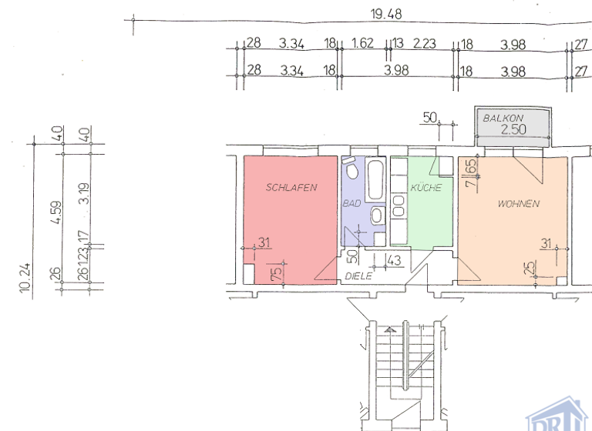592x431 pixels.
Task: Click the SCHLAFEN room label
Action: pyautogui.click(x=291, y=187)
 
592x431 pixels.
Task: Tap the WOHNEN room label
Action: pyautogui.click(x=518, y=204)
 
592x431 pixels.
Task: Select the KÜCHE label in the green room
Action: pyautogui.click(x=425, y=187)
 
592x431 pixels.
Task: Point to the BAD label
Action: pyautogui.click(x=351, y=204)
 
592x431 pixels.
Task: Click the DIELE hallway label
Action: pyautogui.click(x=358, y=276)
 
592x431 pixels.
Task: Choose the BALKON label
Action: pyautogui.click(x=503, y=119)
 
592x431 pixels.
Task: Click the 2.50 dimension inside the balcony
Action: pyautogui.click(x=513, y=130)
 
